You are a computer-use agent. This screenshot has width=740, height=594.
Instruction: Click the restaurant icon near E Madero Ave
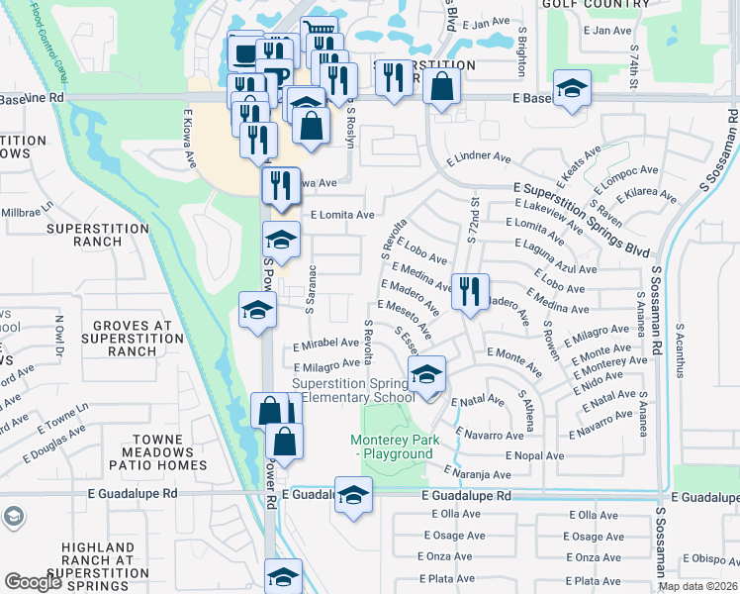(470, 290)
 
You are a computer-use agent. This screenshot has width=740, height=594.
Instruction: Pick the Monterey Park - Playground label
(392, 446)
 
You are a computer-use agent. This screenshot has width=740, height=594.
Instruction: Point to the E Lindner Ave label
(479, 157)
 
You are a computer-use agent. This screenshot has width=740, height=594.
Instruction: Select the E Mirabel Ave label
(325, 343)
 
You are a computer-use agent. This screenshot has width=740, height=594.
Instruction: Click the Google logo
(33, 582)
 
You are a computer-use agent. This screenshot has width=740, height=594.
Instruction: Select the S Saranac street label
(312, 290)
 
